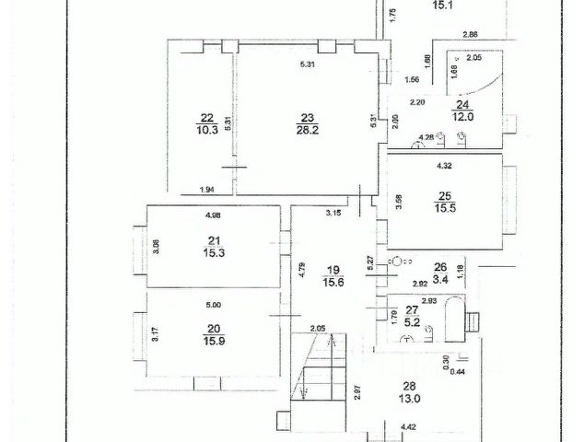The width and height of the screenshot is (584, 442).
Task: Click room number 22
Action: pos(206,118)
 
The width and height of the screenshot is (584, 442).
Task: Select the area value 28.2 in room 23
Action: pos(307,131)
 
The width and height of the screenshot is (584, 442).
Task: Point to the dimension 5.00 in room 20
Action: pos(213,305)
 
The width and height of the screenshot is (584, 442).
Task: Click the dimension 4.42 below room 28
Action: pos(408,426)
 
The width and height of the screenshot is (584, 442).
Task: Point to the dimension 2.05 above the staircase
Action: pos(317,329)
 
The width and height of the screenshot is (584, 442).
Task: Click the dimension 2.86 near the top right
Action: pos(470,34)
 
